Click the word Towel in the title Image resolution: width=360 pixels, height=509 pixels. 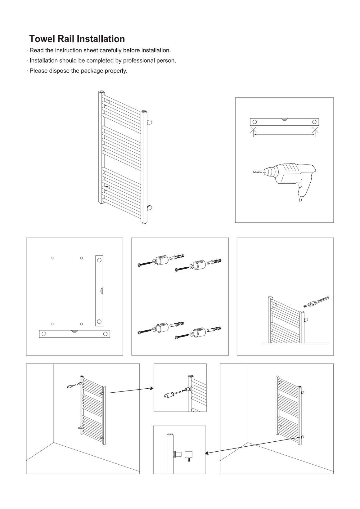pos(42,39)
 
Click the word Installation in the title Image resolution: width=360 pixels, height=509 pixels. pos(101,39)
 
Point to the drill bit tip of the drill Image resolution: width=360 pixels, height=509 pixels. pos(253,172)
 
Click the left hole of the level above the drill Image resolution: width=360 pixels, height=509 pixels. pos(254,122)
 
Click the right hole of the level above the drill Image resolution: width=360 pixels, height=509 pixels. pos(314,122)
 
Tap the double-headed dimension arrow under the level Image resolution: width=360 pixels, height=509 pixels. pos(284,135)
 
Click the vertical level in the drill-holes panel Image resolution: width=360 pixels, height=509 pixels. pos(99,291)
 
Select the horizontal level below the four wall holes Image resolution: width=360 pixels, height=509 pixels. pos(74,334)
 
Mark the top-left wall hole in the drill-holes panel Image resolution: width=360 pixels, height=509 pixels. pos(52,258)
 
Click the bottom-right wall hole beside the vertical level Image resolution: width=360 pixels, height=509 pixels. pos(81,324)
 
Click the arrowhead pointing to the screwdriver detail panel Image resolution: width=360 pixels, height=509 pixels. pos(152,388)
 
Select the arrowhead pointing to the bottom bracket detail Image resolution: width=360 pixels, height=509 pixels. pos(207,453)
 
